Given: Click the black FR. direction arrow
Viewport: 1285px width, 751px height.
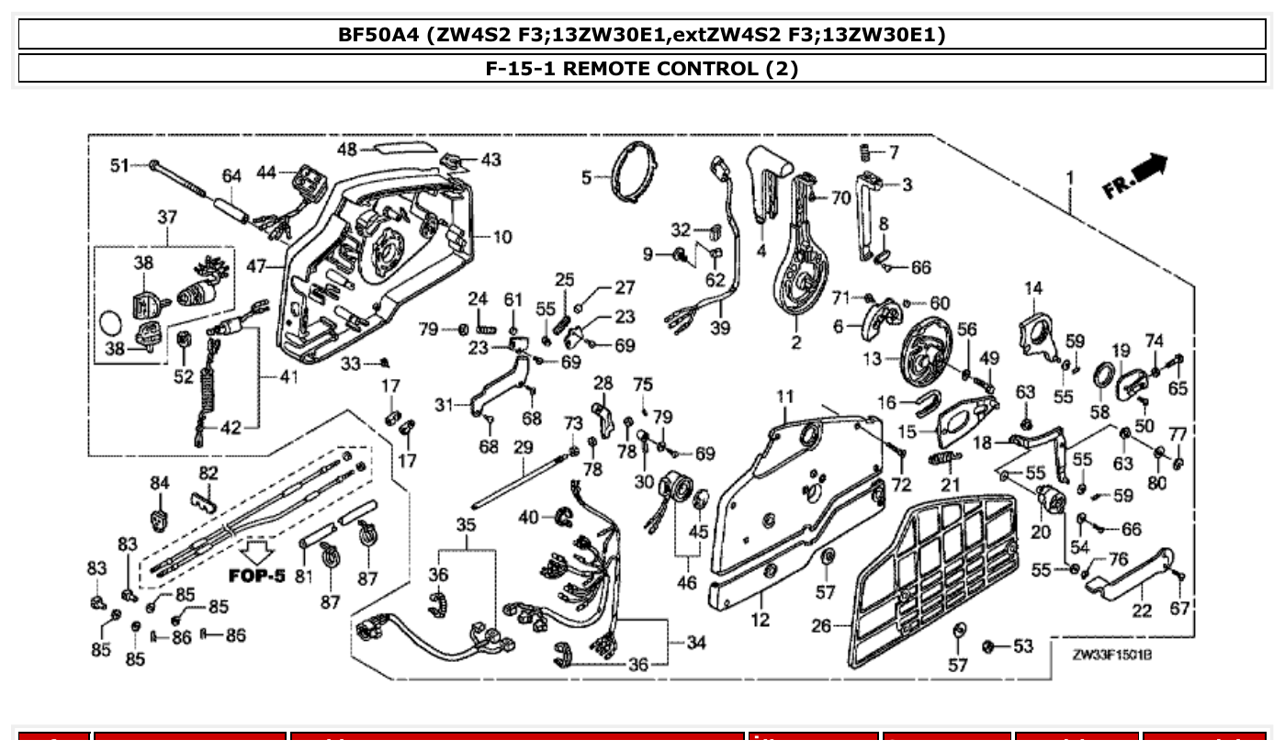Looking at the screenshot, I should [1149, 169].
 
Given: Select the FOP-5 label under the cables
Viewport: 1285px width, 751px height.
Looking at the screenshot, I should [256, 576].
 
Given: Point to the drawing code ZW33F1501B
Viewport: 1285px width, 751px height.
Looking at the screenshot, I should [1112, 656].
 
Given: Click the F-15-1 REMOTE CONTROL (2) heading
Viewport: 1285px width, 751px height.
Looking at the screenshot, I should [642, 69].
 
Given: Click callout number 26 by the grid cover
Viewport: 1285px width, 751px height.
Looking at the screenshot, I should [821, 626].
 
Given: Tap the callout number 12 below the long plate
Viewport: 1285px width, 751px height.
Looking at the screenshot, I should [760, 620].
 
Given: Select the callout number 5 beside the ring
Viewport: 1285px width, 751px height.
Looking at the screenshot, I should [587, 176].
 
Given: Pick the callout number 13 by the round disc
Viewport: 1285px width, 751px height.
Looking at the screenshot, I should [872, 357].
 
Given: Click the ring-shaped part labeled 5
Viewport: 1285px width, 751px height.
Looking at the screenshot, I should [634, 171].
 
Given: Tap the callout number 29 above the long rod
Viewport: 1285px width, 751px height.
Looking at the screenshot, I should [523, 447].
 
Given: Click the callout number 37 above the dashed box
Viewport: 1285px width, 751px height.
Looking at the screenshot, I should [166, 218].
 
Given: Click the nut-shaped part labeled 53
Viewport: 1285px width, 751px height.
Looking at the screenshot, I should [989, 646].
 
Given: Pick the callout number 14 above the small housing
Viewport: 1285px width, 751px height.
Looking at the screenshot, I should [1033, 288].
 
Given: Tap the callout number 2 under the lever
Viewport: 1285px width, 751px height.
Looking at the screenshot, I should [795, 342].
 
